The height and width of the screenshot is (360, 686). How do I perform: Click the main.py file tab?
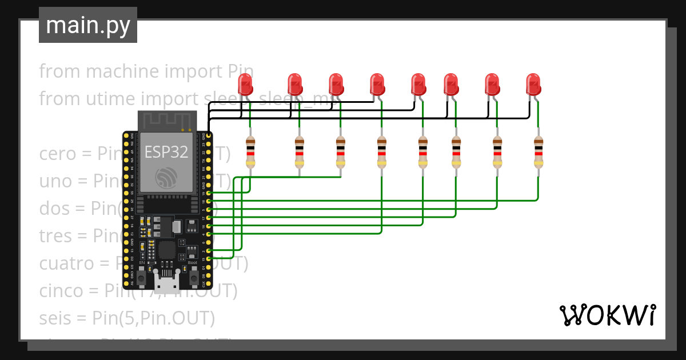pos(87,26)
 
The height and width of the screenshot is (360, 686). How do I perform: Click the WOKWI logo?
pos(607,315)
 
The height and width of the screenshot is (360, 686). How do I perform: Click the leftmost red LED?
pos(246,84)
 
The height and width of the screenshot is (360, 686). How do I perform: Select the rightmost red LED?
pos(533,84)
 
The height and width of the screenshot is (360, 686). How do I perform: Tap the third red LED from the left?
pos(336,84)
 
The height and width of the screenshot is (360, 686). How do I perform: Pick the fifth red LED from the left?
pos(418,84)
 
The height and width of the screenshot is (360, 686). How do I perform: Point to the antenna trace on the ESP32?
pos(167,121)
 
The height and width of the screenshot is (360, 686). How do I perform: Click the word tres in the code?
pos(57,235)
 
